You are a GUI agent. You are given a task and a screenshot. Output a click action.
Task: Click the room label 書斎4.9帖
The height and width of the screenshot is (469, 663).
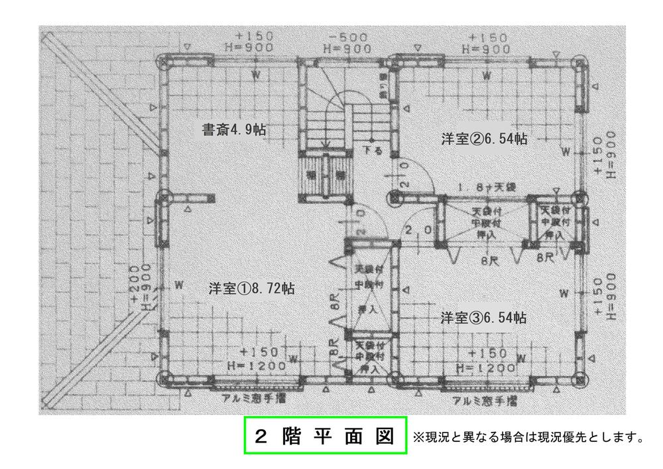click(233, 129)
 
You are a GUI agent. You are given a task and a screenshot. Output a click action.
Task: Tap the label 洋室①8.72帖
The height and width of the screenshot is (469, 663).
click(252, 289)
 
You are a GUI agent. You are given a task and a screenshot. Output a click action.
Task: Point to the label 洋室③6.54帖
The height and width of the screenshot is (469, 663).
click(484, 318)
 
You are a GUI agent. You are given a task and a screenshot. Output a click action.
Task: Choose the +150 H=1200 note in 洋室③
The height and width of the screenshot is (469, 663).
click(488, 361)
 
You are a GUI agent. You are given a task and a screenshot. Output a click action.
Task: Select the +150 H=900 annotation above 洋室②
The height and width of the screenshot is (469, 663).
click(487, 42)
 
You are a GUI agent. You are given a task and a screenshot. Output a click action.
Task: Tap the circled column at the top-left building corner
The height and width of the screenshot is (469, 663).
click(163, 62)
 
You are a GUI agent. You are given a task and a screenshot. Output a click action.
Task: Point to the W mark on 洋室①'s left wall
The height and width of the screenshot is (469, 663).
click(178, 285)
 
